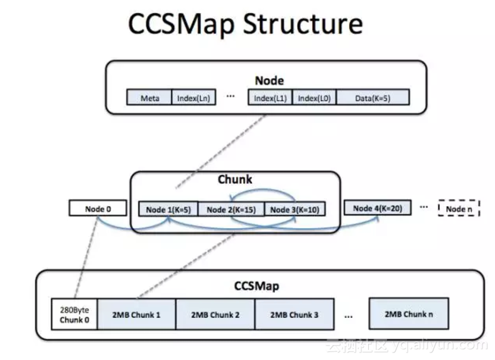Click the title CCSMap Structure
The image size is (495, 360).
245,24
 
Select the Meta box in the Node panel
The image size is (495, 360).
149,97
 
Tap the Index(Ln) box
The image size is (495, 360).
193,97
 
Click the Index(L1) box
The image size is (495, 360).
271,97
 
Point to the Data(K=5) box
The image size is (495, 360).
373,97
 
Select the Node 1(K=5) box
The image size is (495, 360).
168,209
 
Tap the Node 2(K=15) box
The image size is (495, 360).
231,209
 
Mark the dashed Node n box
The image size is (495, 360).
459,209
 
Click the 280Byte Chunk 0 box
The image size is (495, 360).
75,314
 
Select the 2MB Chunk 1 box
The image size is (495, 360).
136,314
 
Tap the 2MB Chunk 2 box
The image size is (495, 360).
215,314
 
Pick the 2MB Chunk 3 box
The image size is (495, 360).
294,314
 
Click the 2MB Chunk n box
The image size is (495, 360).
408,314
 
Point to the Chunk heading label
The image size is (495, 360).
235,180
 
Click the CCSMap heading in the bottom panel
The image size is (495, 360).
258,286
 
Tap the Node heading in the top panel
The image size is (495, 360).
269,80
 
